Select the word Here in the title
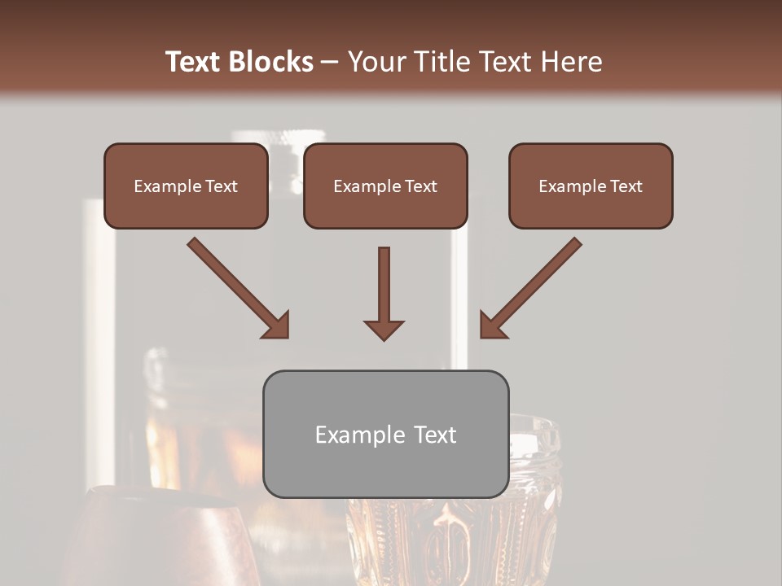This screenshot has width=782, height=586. point(571,62)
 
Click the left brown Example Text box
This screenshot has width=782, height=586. point(186,186)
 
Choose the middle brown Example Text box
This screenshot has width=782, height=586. point(385,186)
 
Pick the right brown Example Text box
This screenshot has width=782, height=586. point(591,186)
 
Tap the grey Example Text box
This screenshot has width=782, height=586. point(385,435)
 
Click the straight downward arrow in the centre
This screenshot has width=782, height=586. point(384,285)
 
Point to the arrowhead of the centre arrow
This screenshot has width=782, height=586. point(384,329)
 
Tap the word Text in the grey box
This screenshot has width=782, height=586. point(435,435)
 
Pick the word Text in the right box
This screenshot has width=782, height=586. point(626,186)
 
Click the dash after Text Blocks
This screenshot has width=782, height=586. point(330,63)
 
